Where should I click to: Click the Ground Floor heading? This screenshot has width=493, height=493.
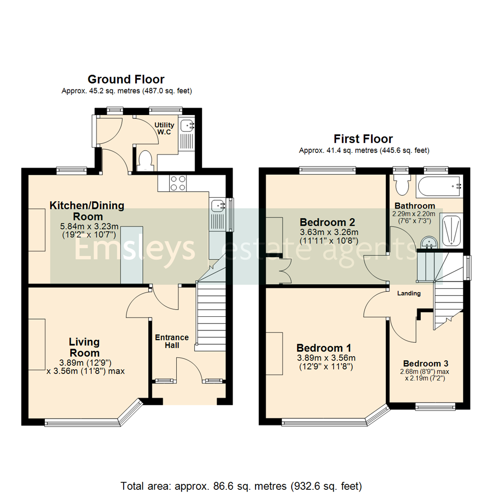click(x=126, y=80)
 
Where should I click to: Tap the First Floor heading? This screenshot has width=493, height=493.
click(x=363, y=139)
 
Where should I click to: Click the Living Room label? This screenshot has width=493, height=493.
click(x=84, y=347)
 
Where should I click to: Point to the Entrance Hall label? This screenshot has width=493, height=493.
click(x=172, y=341)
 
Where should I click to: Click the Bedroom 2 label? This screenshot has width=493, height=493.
click(x=327, y=222)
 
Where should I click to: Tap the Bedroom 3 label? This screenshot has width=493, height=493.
click(x=426, y=364)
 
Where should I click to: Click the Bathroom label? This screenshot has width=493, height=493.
click(x=414, y=205)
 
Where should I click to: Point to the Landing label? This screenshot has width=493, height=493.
click(x=409, y=294)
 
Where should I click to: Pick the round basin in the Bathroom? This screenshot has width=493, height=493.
click(x=428, y=241)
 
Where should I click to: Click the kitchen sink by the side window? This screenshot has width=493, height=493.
click(x=217, y=206)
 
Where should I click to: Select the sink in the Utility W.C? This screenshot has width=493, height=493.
click(x=188, y=125)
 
